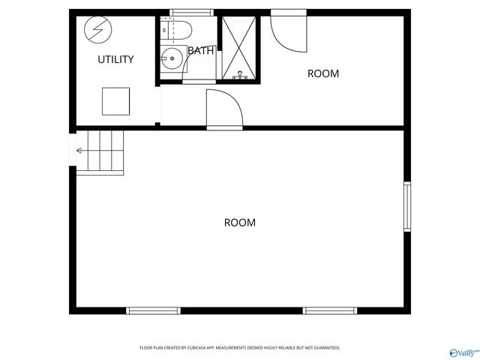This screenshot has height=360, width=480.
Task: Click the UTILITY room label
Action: (x=115, y=59)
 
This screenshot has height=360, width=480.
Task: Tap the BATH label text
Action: (x=200, y=51)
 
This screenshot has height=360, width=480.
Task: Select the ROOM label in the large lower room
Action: (x=240, y=223)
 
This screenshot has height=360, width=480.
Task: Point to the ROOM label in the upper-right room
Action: (x=323, y=73)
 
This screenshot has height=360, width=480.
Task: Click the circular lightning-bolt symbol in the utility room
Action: (x=95, y=29)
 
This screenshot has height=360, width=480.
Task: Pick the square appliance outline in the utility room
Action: (x=115, y=101)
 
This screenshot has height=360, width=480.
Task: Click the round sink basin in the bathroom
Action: (x=172, y=59)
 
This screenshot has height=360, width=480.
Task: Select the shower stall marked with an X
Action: (x=238, y=46)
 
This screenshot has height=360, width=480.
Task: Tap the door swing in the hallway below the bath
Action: (x=224, y=109)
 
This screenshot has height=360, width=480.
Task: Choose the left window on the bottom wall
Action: (x=154, y=310)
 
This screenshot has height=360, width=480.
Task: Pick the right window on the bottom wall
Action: (x=330, y=310)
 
